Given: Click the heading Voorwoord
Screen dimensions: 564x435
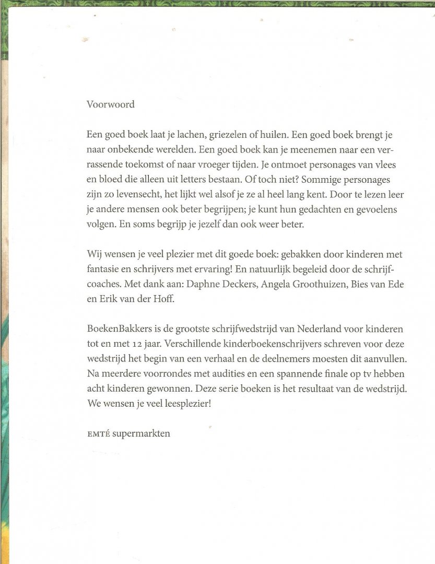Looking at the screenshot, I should pos(111,104).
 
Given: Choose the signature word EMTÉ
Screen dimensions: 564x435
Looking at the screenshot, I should pos(98,434).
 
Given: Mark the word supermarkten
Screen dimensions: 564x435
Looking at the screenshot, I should pos(141,434).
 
